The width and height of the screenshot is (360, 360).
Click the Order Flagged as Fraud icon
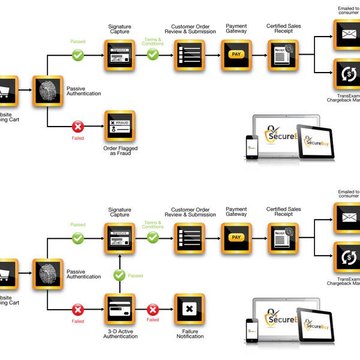point(120,125)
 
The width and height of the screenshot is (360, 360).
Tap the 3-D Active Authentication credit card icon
point(120,309)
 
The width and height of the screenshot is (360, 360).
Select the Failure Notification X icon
point(190,309)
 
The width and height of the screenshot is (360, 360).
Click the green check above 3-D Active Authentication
point(120,275)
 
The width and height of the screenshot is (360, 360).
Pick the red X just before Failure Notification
point(153,310)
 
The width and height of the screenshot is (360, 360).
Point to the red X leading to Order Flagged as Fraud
point(77,127)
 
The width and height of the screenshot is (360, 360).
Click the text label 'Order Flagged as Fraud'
point(120,149)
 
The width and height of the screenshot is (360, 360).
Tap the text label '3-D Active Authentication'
point(120,333)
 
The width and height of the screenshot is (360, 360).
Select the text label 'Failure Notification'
point(190,333)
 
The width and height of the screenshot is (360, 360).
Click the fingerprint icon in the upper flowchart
point(47,91)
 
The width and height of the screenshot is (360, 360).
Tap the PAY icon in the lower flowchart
point(236,238)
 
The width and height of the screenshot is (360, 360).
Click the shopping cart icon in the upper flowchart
point(5,91)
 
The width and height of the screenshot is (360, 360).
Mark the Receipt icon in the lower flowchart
point(283,238)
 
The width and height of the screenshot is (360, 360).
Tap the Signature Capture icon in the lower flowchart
point(120,238)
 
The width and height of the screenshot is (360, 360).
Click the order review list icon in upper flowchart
point(190,55)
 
